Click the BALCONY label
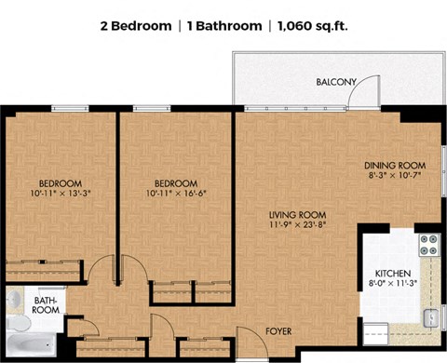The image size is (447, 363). tap(336, 82)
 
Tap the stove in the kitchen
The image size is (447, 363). tap(429, 245)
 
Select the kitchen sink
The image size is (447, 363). tap(431, 318)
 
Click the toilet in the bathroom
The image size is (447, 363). tap(19, 323)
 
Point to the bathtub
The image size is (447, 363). tap(32, 345)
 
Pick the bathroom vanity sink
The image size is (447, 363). tap(15, 300)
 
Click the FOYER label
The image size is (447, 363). tap(278, 331)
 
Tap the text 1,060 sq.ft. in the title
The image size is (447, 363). tap(313, 26)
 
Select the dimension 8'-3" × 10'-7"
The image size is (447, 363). tap(395, 175)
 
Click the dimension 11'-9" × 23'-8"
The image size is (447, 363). tap(298, 224)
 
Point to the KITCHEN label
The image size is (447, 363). tap(393, 274)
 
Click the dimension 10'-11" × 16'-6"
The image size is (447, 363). tap(176, 194)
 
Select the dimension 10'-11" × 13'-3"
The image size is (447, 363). tap(61, 194)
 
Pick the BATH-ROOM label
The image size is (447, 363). tap(46, 305)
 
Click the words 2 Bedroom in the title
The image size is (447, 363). tap(136, 26)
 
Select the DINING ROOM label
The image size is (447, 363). tap(395, 166)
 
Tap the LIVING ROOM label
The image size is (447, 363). tap(297, 215)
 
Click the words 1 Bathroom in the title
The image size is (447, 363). tap(224, 26)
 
